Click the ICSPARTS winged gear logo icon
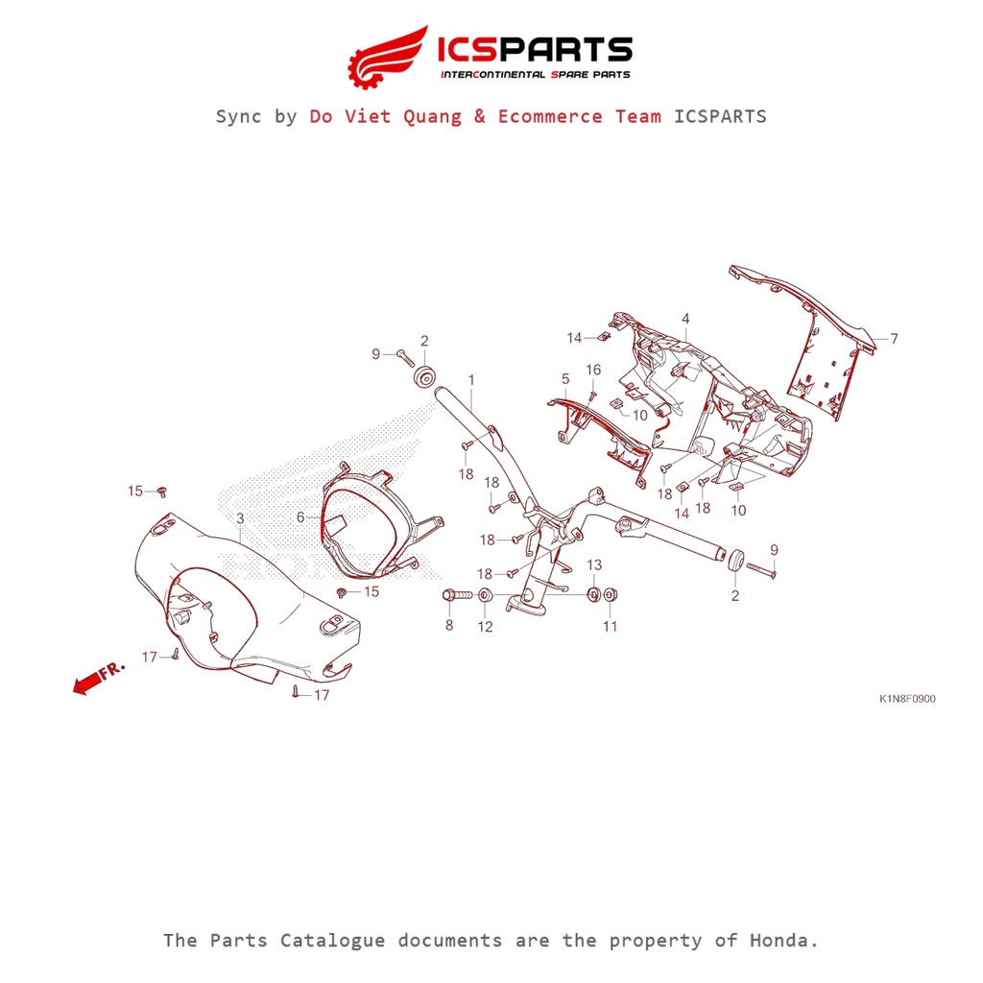coord(388,58)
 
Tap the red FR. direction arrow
coord(87,682)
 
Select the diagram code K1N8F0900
coord(907,699)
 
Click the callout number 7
coord(894,339)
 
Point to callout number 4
coord(685,319)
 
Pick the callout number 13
coord(594,564)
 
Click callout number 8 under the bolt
coord(449,625)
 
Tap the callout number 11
coord(610,626)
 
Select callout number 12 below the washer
coord(485,626)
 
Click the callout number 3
coord(240,518)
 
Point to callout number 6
coord(300,517)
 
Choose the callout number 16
coord(593,370)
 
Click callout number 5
coord(565,379)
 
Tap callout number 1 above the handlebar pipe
coord(471,380)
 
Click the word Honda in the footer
coord(784,941)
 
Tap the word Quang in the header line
coord(433,116)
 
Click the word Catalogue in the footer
coord(332,941)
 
